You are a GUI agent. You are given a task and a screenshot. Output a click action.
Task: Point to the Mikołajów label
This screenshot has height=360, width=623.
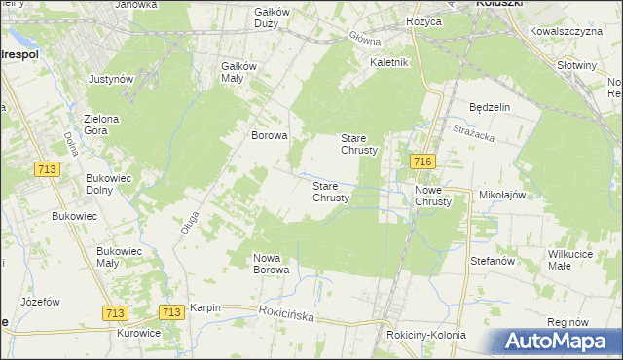pyautogui.click(x=502, y=195)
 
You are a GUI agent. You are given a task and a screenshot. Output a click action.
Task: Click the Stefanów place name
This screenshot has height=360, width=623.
pyautogui.click(x=492, y=261)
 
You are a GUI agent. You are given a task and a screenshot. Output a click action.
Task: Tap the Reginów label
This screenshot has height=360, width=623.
pyautogui.click(x=569, y=321)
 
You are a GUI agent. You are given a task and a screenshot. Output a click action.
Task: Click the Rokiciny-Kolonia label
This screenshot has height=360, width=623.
pyautogui.click(x=425, y=335)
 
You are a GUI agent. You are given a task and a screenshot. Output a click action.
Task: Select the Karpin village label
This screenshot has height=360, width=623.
pyautogui.click(x=205, y=307)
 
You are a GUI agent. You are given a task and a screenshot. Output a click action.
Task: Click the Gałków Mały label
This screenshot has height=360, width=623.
pyautogui.click(x=238, y=72)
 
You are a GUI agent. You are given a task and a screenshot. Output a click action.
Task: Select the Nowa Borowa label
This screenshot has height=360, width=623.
pyautogui.click(x=272, y=264)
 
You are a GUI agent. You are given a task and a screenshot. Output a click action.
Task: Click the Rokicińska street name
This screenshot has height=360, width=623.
pyautogui.click(x=290, y=312)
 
